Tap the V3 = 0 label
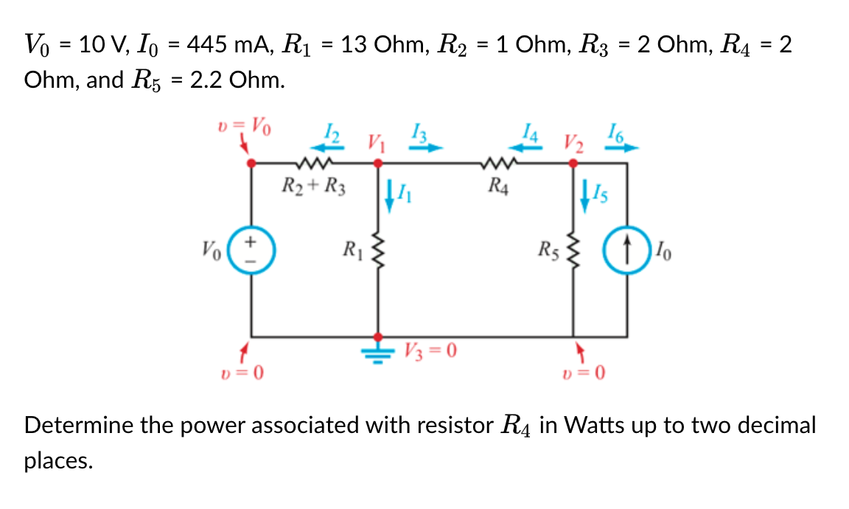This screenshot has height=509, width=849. pos(432,350)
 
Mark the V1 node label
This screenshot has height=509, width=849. pos(376,140)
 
